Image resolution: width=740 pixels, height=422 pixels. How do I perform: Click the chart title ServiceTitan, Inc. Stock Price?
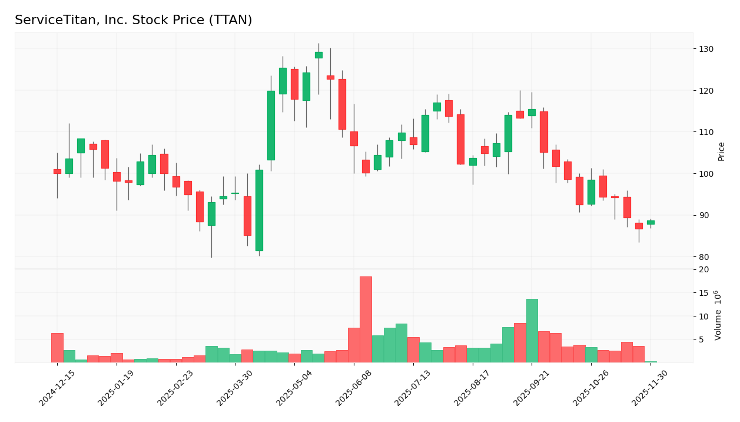(x=133, y=20)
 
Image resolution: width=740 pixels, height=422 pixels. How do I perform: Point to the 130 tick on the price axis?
(x=706, y=49)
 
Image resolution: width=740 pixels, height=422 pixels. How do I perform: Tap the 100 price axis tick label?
(x=706, y=173)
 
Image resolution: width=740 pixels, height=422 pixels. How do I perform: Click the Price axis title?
(x=722, y=151)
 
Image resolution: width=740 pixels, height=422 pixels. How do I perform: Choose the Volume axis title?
(x=718, y=315)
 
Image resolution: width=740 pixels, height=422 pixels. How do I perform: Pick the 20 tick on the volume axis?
(x=704, y=269)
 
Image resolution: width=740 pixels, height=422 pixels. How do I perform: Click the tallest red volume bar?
(x=366, y=319)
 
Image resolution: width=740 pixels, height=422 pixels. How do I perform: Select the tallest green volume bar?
(x=532, y=331)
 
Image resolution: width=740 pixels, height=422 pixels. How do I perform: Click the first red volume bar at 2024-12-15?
(x=57, y=348)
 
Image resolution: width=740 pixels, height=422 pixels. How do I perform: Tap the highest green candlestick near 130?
(x=318, y=55)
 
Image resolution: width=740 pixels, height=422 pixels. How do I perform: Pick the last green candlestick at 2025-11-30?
(x=651, y=222)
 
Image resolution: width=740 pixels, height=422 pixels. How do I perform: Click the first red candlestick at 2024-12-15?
(x=57, y=172)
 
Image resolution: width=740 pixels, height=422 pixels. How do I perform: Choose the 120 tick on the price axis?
(x=706, y=90)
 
